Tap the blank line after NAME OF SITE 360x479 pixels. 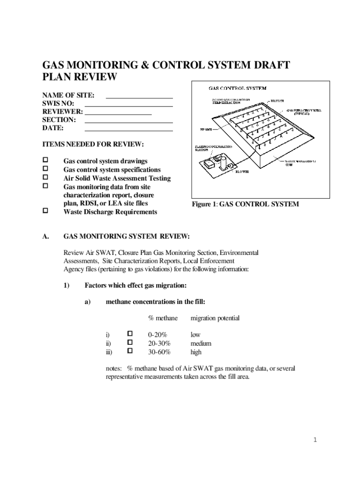coord(139,97)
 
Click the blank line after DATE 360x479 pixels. coord(129,130)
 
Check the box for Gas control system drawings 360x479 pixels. coord(46,160)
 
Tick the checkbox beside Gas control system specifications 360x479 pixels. coord(46,169)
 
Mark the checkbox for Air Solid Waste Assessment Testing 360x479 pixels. coord(46,177)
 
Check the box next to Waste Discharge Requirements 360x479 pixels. coord(46,211)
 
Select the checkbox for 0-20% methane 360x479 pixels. coord(130,334)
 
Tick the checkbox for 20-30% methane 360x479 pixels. coord(130,342)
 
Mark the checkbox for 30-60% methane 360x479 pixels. coord(130,351)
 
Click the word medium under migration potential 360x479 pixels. coord(201,343)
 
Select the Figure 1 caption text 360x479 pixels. coord(245,204)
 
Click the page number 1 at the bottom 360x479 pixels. coord(316,440)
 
